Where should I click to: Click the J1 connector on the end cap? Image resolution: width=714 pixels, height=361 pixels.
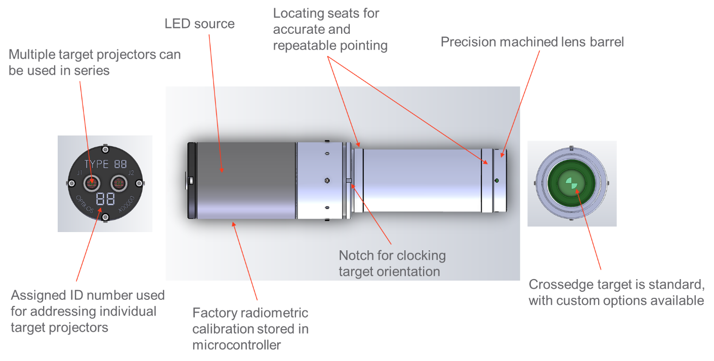click(92, 182)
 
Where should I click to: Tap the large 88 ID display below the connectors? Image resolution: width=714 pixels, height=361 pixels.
click(105, 199)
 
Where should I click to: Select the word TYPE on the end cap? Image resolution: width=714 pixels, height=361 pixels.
click(97, 164)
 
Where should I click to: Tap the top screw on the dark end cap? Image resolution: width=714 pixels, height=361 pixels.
click(105, 148)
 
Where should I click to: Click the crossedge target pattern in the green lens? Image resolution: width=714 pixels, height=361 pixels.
click(571, 184)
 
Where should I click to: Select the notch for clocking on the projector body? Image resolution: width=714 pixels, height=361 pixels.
click(349, 180)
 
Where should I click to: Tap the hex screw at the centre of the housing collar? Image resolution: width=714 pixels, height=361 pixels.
click(327, 180)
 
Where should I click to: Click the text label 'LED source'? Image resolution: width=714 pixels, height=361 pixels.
click(199, 24)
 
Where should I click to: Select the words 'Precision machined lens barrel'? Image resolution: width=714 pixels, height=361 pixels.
click(532, 42)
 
